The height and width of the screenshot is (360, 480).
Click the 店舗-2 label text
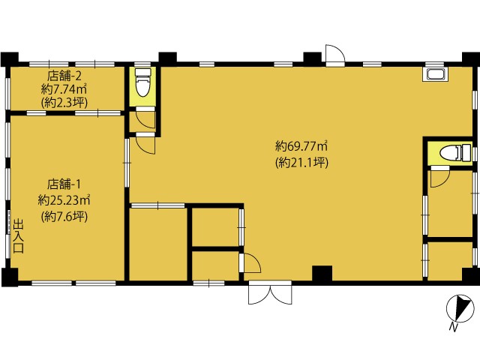(64, 75)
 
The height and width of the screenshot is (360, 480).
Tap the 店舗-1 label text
(64, 184)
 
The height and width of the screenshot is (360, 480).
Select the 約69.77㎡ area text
(301, 146)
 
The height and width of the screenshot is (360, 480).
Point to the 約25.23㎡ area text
(64, 200)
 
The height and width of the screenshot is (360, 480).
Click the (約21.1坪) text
(301, 163)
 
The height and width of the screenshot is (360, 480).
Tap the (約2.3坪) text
(64, 103)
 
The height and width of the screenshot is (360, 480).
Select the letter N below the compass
(453, 327)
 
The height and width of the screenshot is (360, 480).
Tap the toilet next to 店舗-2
(143, 82)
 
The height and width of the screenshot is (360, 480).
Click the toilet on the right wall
(455, 152)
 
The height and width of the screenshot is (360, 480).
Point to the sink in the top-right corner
(435, 74)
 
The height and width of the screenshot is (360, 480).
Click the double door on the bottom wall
(270, 292)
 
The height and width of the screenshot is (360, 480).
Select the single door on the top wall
(335, 55)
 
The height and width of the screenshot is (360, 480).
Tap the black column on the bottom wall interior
(322, 273)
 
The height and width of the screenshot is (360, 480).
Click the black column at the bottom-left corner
(9, 277)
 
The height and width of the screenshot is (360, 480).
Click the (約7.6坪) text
(64, 217)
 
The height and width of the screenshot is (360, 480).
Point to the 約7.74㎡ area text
(64, 89)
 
